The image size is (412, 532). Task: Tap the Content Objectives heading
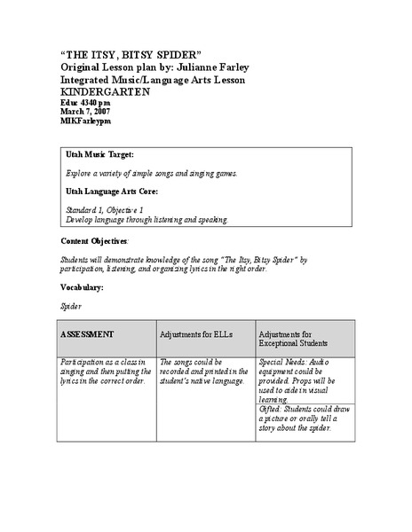pyautogui.click(x=94, y=241)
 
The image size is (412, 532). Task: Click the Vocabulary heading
pyautogui.click(x=82, y=288)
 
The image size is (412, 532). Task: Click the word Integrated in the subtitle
pyautogui.click(x=90, y=80)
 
